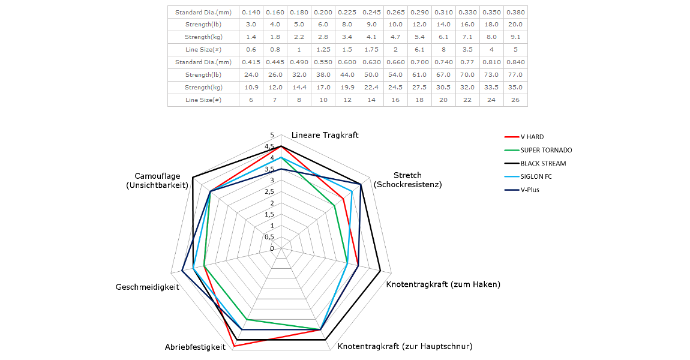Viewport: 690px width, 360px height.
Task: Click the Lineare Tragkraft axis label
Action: pyautogui.click(x=325, y=135)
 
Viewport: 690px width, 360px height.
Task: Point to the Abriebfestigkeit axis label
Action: pyautogui.click(x=195, y=347)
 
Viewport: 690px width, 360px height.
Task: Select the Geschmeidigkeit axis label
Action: pyautogui.click(x=148, y=287)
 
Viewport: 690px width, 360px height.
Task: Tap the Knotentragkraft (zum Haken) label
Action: pyautogui.click(x=443, y=284)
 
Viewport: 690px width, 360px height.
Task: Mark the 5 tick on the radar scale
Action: pyautogui.click(x=272, y=135)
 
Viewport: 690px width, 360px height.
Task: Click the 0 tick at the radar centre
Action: pyautogui.click(x=272, y=248)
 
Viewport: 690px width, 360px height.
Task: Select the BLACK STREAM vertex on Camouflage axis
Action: pyautogui.click(x=193, y=177)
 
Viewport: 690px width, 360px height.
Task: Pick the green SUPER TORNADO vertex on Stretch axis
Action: pyautogui.click(x=334, y=206)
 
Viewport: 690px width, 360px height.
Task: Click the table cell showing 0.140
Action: pyautogui.click(x=250, y=12)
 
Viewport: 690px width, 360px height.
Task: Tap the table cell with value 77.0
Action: pyautogui.click(x=515, y=75)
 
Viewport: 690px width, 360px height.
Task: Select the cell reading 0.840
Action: pyautogui.click(x=515, y=62)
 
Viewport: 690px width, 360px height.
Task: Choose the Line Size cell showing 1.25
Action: pyautogui.click(x=322, y=49)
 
